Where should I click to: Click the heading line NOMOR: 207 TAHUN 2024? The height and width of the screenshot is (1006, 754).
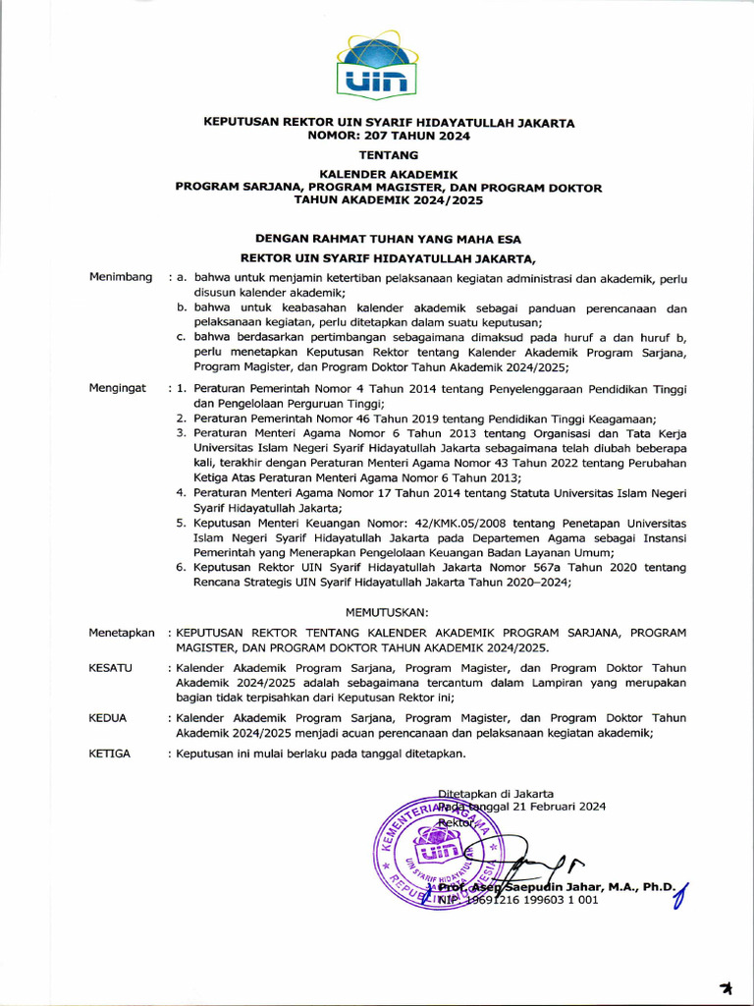[x=389, y=137]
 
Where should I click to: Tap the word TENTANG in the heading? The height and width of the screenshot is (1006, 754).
[x=389, y=155]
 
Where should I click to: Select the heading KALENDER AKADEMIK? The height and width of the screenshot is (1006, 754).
[x=389, y=174]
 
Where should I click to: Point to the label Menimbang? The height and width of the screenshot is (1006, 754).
[x=121, y=278]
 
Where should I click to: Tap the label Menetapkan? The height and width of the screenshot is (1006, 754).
[x=122, y=633]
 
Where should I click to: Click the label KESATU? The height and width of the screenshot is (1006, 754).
[x=110, y=668]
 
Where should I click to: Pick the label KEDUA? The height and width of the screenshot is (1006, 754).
[x=108, y=718]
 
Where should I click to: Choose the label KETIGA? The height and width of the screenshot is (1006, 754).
[x=110, y=754]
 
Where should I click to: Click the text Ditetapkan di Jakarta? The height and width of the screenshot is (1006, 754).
[x=496, y=793]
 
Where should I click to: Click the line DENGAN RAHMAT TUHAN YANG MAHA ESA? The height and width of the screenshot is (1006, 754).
[x=389, y=239]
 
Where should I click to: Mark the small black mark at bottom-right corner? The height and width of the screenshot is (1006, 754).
[x=726, y=986]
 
